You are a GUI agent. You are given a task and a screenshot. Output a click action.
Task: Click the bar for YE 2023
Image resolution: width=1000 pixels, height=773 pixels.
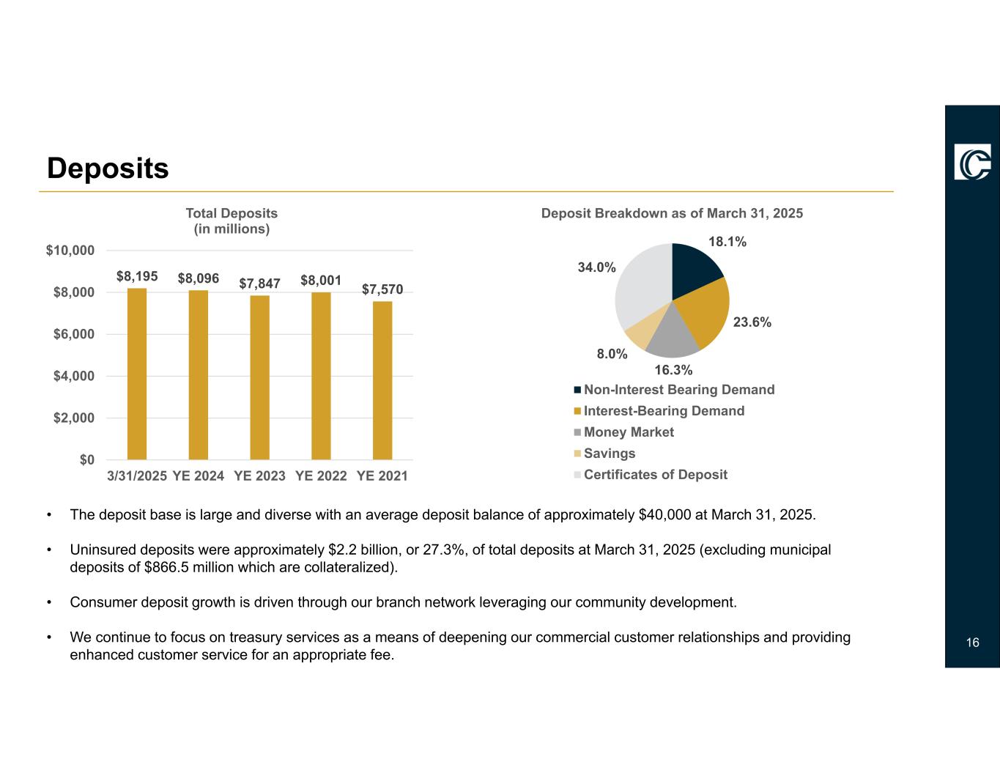259,377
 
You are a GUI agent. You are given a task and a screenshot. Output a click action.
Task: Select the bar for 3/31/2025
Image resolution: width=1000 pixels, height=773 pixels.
137,374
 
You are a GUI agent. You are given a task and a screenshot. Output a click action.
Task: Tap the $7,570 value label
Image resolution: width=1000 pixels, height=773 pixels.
382,290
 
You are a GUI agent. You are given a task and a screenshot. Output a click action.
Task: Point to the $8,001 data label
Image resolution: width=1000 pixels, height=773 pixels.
321,281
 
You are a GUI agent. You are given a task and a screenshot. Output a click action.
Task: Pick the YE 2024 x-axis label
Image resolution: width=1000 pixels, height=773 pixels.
199,476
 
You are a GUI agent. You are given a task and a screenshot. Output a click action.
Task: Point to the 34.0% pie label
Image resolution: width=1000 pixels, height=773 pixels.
596,267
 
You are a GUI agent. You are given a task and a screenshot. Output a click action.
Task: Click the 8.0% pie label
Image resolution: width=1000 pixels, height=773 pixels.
612,354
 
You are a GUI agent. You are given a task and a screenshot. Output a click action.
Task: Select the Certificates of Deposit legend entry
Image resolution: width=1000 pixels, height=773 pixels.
656,474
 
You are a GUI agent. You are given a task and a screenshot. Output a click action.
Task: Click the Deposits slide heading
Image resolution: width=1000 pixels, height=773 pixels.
108,169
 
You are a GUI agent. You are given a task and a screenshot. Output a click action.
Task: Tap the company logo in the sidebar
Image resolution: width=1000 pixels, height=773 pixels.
972,161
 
